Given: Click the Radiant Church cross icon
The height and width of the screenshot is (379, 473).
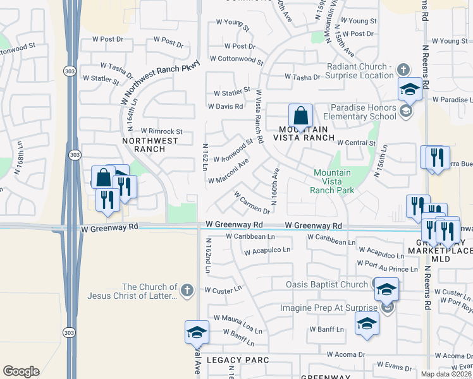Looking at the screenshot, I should coord(403,67).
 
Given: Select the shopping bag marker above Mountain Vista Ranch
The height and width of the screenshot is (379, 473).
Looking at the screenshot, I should coord(300,117).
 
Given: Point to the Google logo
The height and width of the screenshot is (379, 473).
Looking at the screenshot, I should coord(21,371).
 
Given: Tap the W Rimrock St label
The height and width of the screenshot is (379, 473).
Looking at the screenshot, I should coord(161,131).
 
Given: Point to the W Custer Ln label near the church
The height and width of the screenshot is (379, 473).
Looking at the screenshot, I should coord(223,290).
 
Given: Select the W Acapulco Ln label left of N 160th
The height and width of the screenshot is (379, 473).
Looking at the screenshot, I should coord(267,250).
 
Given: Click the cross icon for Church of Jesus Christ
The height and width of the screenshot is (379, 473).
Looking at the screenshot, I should coord(187,291).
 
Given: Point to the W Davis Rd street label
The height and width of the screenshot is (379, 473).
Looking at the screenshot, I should coord(225,107).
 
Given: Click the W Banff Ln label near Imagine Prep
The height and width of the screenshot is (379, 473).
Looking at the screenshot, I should coord(326,330).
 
